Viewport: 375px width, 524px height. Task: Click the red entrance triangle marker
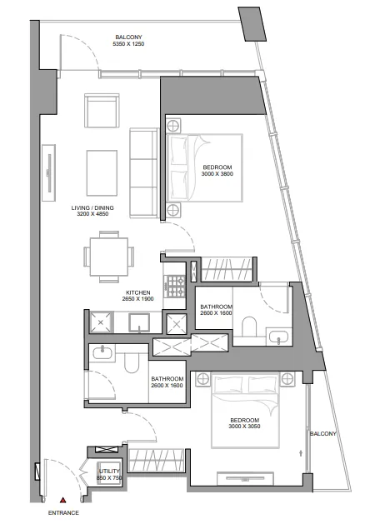tap(62, 501)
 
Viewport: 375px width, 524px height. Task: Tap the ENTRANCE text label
tap(63, 512)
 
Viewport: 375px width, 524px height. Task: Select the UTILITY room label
tap(109, 472)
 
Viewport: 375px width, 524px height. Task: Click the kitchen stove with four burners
tap(176, 287)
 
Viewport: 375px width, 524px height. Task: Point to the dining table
tap(109, 257)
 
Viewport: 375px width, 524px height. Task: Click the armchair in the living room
tap(102, 110)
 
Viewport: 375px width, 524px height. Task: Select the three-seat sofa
tap(143, 173)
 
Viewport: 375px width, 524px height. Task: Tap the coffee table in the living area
tap(102, 172)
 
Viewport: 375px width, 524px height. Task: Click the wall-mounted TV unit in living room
tap(49, 172)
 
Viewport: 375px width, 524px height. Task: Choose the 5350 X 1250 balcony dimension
tap(128, 44)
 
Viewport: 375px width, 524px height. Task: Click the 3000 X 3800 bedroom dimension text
tap(217, 174)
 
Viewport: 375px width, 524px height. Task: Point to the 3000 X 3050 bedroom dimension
tap(244, 426)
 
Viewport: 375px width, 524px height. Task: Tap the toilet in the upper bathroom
tap(248, 327)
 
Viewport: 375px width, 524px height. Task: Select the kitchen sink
tap(139, 322)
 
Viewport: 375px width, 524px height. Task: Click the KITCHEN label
tap(138, 292)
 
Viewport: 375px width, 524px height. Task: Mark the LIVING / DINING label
tap(92, 208)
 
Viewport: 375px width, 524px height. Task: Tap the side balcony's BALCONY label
tap(322, 434)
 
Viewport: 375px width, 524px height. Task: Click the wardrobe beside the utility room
tap(157, 461)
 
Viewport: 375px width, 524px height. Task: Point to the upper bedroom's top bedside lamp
tap(173, 127)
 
